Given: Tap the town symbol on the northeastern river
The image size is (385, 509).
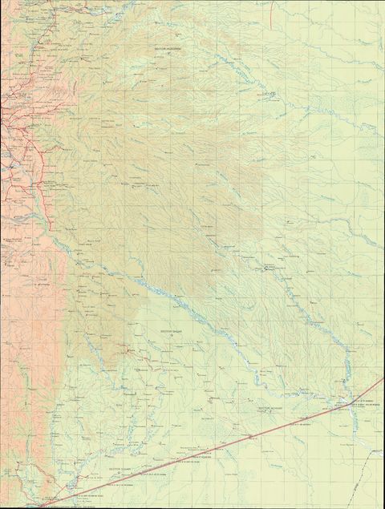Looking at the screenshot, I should click(x=270, y=96).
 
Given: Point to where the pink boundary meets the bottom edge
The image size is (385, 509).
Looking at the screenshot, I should click(x=40, y=506).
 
